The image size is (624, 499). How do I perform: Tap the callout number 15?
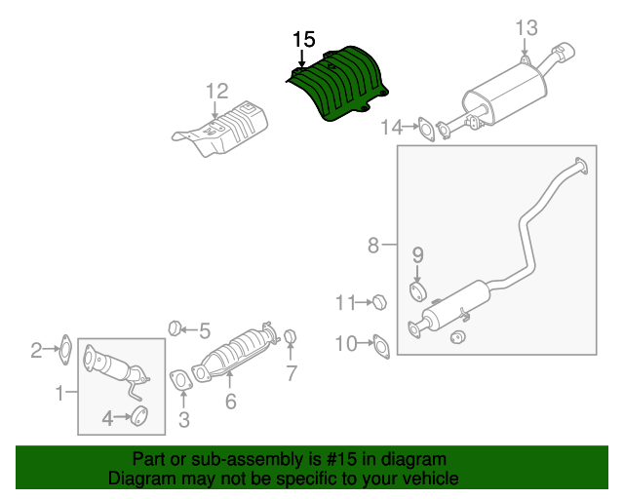tap(303, 40)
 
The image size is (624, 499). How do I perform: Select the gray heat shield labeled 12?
tap(223, 132)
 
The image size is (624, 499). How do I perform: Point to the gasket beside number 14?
tap(426, 128)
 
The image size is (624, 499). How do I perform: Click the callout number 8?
tap(373, 246)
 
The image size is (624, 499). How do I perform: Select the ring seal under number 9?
tap(417, 291)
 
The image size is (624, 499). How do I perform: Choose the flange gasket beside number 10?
tap(380, 344)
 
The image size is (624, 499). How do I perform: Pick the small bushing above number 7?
tap(290, 338)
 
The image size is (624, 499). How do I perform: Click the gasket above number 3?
tap(180, 380)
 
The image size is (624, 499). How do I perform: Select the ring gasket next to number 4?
tap(138, 418)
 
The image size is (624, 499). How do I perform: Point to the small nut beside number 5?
tap(176, 326)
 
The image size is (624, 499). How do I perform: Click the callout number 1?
tap(58, 394)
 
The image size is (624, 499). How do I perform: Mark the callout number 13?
tap(526, 27)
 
